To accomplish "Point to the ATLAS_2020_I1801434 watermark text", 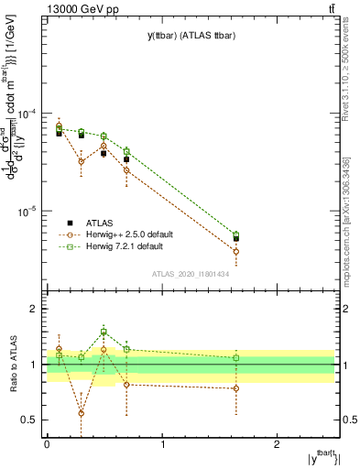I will click(x=191, y=274).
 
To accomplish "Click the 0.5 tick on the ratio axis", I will click(x=31, y=420).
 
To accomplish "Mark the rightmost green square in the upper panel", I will click(x=236, y=234).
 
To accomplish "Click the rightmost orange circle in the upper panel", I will click(x=236, y=251).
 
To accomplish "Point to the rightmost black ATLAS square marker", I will click(x=236, y=238).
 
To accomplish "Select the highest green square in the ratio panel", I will click(x=104, y=332).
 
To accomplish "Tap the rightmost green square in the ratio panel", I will click(x=236, y=357).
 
